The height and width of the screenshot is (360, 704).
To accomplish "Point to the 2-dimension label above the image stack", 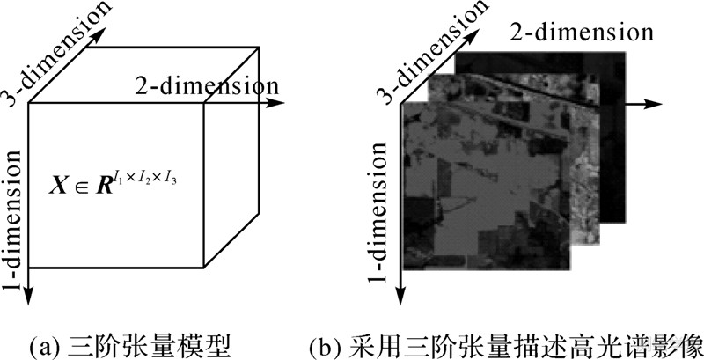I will coord(582,33).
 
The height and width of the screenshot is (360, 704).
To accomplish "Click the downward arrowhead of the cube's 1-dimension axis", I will coord(31,297).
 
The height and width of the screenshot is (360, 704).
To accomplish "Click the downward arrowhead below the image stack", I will coord(401,298).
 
